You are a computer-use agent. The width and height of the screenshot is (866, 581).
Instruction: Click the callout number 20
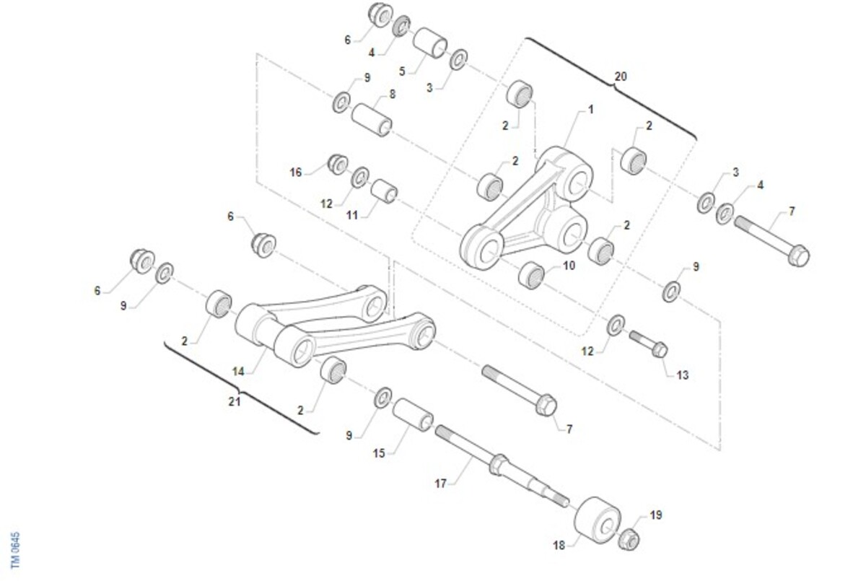click(620, 77)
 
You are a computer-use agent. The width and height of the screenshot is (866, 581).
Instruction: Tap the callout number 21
click(235, 402)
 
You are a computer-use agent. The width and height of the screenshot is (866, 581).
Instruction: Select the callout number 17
click(440, 484)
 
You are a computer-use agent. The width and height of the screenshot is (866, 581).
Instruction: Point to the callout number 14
click(238, 372)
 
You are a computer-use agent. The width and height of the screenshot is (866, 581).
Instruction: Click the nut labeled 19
click(629, 539)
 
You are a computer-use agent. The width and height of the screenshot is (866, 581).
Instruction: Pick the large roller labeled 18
click(598, 520)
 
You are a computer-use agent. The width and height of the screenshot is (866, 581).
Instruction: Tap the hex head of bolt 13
click(659, 350)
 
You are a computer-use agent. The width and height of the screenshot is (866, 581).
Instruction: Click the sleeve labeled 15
click(413, 415)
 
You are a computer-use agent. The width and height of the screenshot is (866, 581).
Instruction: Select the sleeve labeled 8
click(372, 120)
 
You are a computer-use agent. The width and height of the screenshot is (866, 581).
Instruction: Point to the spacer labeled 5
click(430, 43)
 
